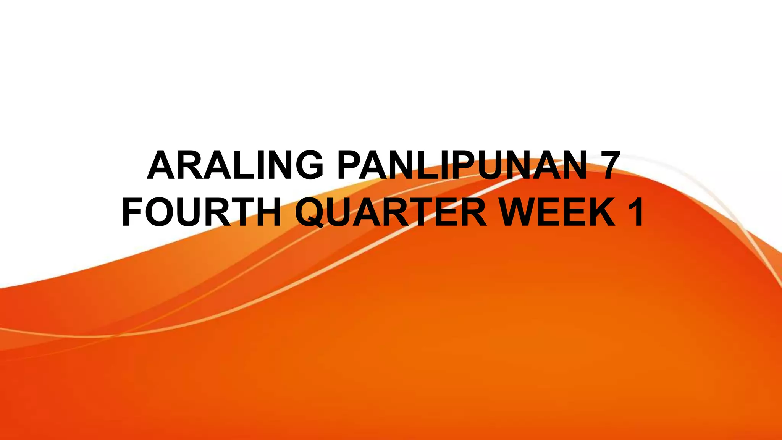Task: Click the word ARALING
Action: coord(234,165)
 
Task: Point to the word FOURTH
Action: coord(202,212)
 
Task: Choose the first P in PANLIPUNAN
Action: coord(349,165)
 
